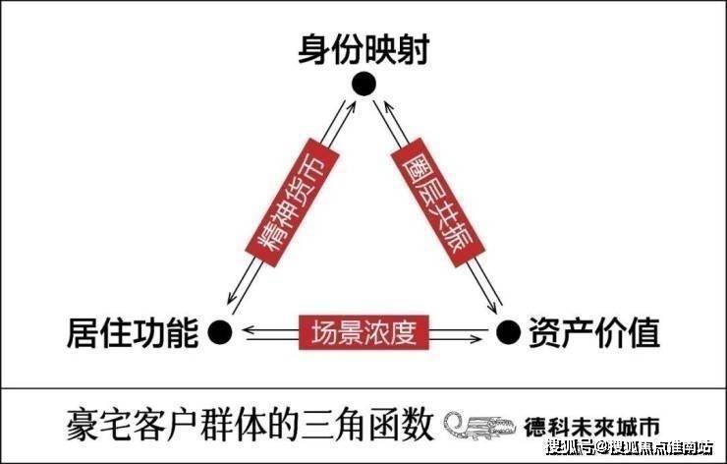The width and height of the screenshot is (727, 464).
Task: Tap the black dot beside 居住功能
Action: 220,332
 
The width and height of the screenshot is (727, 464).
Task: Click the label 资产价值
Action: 592,332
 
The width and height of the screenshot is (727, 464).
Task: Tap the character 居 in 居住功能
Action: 82,332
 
